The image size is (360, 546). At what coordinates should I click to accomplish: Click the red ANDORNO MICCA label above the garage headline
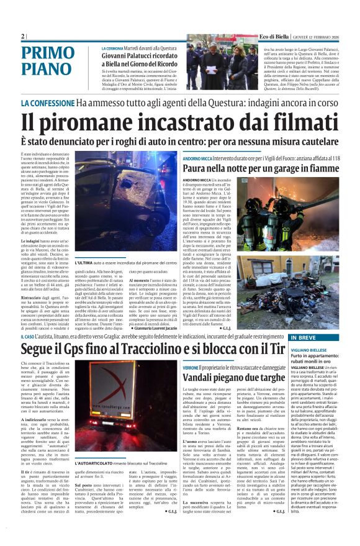coord(197,159)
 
